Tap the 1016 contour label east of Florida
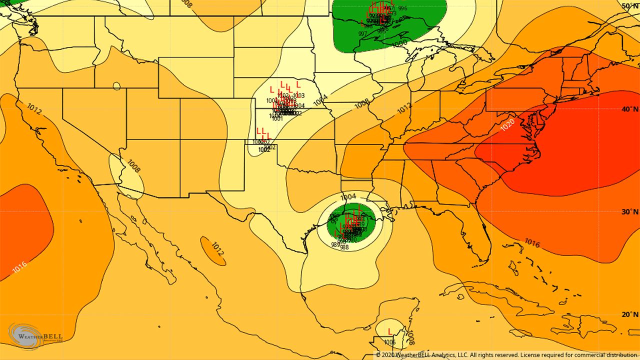(x=531, y=243)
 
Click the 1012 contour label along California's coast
(x=34, y=108)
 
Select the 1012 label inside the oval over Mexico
(x=217, y=248)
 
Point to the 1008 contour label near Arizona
(x=134, y=166)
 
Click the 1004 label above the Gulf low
(x=348, y=196)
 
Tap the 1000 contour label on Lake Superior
(x=399, y=43)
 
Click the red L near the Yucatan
(x=390, y=331)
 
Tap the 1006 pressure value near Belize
(x=389, y=342)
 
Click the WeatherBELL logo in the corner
(x=32, y=336)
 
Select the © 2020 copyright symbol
(x=378, y=355)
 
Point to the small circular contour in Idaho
(x=116, y=86)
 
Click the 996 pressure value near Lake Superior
(x=402, y=8)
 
